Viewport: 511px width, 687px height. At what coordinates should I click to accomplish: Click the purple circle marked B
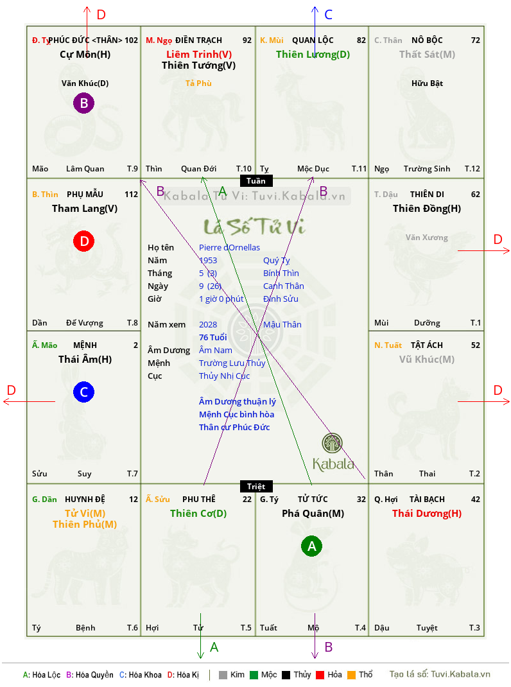pos(83,103)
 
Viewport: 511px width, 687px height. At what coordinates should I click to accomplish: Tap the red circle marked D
pos(83,241)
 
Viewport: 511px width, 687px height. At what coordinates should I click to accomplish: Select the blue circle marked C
pos(83,392)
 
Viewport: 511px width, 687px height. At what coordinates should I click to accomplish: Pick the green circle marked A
pos(311,546)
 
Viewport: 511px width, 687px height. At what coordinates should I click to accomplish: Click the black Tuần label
pos(256,181)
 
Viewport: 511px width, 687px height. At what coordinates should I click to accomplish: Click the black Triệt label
pos(256,486)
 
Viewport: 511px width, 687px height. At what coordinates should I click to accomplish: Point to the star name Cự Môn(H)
pos(85,55)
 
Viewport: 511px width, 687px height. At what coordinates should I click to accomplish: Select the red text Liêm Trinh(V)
pos(199,55)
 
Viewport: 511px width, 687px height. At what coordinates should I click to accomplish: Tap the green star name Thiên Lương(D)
pos(313,55)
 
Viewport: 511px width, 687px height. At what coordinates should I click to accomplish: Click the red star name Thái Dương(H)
pos(427,514)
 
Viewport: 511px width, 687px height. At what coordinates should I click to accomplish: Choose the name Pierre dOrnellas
pos(229,248)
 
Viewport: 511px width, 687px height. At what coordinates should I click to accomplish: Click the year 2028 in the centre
pos(208,325)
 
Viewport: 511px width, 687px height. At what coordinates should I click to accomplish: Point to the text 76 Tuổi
pos(212,337)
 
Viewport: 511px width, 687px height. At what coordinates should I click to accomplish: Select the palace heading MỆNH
pos(85,345)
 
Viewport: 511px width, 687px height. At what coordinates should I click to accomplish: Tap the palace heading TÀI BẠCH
pos(427,499)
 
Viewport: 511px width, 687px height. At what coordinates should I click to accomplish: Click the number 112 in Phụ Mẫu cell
pos(131,194)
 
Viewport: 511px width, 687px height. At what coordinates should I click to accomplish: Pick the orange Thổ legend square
pos(351,675)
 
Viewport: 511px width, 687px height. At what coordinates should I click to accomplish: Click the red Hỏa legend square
pos(320,675)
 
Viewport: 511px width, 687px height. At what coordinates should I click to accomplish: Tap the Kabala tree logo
pos(332,443)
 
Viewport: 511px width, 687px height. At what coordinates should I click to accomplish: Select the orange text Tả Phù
pos(198,83)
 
